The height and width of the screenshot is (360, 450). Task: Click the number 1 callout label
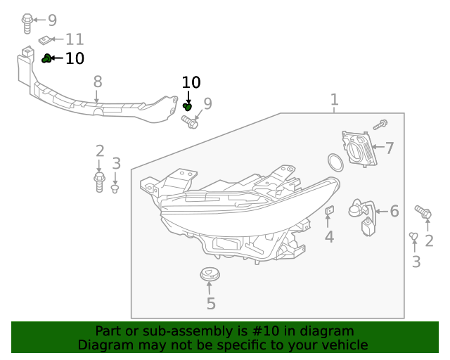click(335, 100)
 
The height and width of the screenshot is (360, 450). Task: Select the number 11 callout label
click(75, 40)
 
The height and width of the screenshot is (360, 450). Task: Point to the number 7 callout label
click(389, 148)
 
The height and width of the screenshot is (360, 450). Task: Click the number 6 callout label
click(394, 211)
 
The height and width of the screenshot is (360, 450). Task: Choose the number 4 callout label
click(329, 237)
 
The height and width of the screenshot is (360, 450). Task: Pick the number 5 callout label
click(210, 304)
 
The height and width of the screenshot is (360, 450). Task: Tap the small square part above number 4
click(328, 210)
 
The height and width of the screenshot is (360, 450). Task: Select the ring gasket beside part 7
click(336, 162)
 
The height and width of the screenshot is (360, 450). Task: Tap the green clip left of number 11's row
click(46, 58)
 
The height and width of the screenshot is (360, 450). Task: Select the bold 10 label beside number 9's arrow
click(191, 83)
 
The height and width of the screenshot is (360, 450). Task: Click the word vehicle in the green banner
click(340, 345)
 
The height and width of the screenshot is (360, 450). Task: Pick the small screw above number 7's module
click(380, 125)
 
